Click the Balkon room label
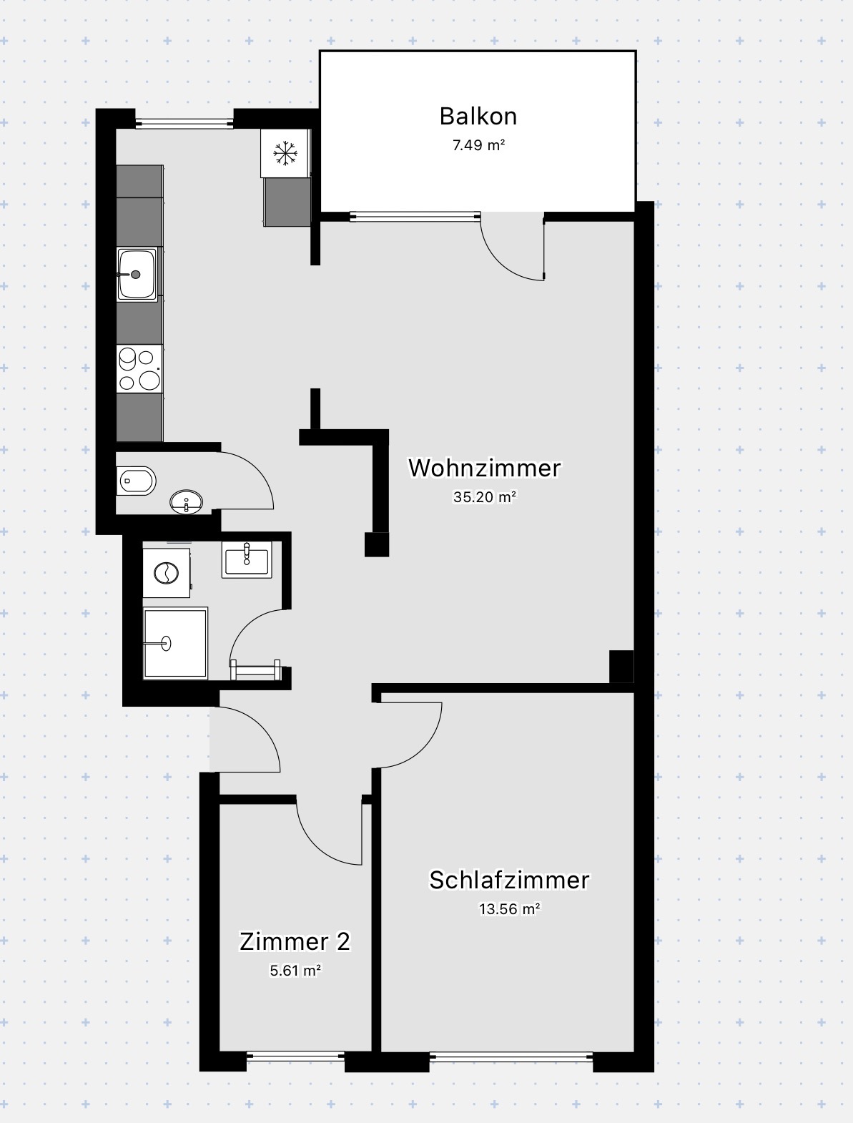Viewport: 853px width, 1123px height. point(478,117)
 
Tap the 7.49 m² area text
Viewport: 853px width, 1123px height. point(478,145)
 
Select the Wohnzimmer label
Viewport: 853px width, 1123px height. point(484,468)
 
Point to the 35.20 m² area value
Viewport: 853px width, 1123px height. point(484,497)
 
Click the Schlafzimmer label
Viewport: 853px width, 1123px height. point(509,880)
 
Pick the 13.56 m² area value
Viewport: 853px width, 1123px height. point(510,908)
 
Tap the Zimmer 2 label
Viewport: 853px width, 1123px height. point(295,942)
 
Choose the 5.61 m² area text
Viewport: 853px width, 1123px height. point(295,971)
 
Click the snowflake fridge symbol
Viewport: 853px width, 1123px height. point(285,153)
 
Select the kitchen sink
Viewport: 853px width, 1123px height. point(137,274)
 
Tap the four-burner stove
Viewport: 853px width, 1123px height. point(139,369)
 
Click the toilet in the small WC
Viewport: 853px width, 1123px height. point(136,481)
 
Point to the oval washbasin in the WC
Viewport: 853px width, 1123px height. point(186,501)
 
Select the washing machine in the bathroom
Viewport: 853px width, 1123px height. point(166,573)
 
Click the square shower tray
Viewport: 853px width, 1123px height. point(175,643)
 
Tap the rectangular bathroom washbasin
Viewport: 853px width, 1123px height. point(247,559)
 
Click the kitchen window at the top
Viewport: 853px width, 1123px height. point(184,123)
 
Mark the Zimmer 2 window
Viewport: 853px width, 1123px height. point(295,1056)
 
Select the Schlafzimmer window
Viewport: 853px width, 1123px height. point(511,1056)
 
